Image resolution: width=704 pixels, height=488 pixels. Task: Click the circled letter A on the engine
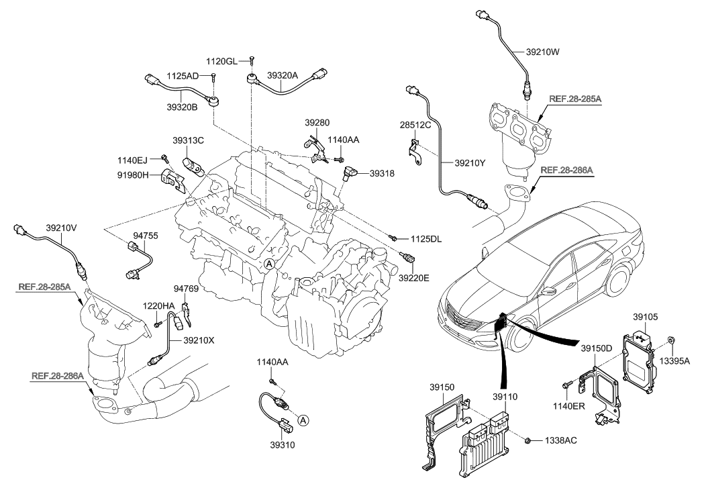(268, 264)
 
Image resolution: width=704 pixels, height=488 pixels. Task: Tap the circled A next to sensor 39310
(303, 420)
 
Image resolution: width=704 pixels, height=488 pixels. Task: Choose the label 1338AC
(558, 441)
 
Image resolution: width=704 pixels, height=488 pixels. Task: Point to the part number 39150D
(597, 349)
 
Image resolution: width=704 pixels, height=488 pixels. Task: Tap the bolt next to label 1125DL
(395, 238)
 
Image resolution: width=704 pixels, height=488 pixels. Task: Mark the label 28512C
(414, 125)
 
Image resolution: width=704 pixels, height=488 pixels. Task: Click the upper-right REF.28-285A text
(575, 99)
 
